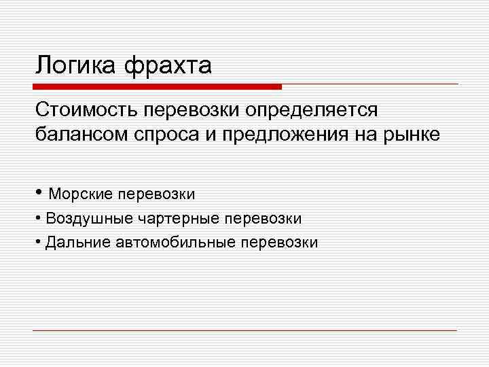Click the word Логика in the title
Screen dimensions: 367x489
click(75, 66)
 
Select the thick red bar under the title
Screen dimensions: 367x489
click(158, 87)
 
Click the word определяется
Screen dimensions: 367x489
click(314, 111)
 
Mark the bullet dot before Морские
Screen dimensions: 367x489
click(40, 193)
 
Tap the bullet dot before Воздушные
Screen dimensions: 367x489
click(39, 219)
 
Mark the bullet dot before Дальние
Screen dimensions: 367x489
click(39, 242)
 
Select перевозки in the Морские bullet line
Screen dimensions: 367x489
click(157, 194)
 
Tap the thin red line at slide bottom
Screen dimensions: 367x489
click(245, 331)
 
